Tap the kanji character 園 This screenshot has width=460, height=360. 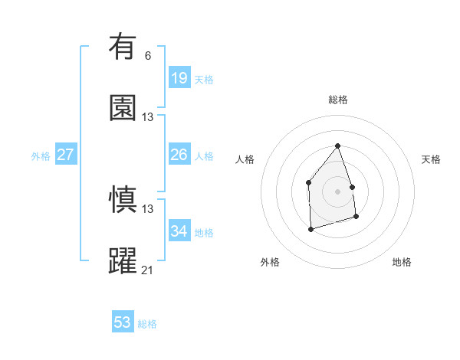pyautogui.click(x=123, y=108)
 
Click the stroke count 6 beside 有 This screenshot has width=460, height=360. pyautogui.click(x=148, y=56)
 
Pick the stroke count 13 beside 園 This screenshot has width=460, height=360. pyautogui.click(x=148, y=117)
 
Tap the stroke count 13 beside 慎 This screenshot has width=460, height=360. pyautogui.click(x=148, y=208)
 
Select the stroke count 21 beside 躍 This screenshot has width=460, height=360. pyautogui.click(x=148, y=270)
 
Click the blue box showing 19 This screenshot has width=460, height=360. pyautogui.click(x=179, y=78)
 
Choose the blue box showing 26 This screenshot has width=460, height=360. pyautogui.click(x=179, y=155)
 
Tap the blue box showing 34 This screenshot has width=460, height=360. pyautogui.click(x=179, y=231)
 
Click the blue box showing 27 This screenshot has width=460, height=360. pyautogui.click(x=65, y=155)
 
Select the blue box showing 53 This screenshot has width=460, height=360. pyautogui.click(x=123, y=322)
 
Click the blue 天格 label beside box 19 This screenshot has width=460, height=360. pyautogui.click(x=204, y=80)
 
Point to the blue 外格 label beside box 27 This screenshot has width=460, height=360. pyautogui.click(x=41, y=156)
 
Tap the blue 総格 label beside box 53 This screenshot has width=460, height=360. pyautogui.click(x=147, y=324)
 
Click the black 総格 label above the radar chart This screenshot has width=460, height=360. pyautogui.click(x=337, y=100)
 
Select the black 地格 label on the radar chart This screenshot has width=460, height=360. pyautogui.click(x=402, y=262)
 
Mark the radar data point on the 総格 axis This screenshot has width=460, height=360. pyautogui.click(x=337, y=146)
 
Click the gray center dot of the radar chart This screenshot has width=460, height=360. pyautogui.click(x=337, y=191)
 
